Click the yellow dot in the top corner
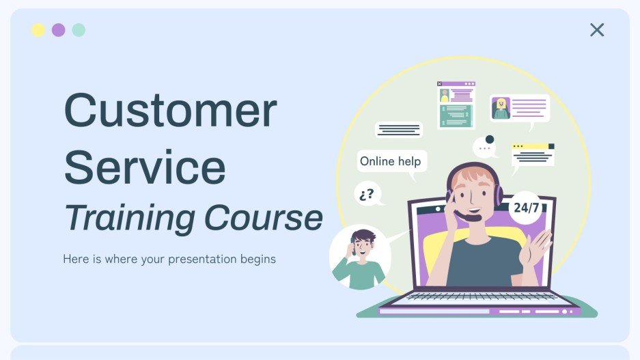(x=38, y=30)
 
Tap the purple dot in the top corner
(x=59, y=30)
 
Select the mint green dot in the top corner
(x=79, y=30)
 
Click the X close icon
(x=597, y=29)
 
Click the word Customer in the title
(x=171, y=111)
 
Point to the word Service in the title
(x=145, y=166)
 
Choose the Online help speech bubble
(x=391, y=162)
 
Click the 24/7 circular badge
(x=525, y=208)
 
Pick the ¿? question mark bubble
(x=367, y=193)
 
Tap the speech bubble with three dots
(x=485, y=148)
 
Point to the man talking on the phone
(x=359, y=258)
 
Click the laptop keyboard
(x=482, y=296)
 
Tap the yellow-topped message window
(x=533, y=154)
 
